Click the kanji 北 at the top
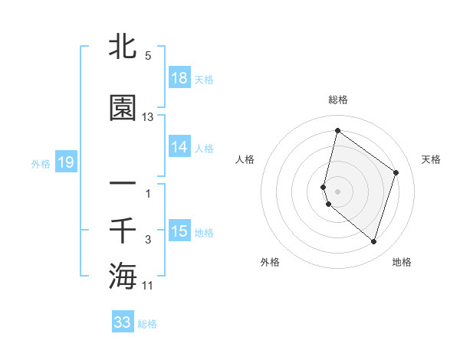click(x=123, y=47)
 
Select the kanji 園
click(x=123, y=108)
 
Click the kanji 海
click(x=123, y=275)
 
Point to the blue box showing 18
click(x=179, y=77)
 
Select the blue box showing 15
click(x=179, y=231)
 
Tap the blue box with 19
click(x=65, y=162)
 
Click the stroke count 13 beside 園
click(x=148, y=117)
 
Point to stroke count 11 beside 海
click(x=148, y=286)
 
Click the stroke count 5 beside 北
click(x=148, y=56)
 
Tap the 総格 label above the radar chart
click(x=338, y=100)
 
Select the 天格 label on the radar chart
click(x=431, y=159)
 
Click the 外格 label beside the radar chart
click(x=270, y=262)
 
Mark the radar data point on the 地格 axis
click(x=373, y=242)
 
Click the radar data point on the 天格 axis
click(x=396, y=172)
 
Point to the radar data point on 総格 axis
click(x=337, y=131)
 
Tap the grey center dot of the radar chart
click(x=337, y=191)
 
